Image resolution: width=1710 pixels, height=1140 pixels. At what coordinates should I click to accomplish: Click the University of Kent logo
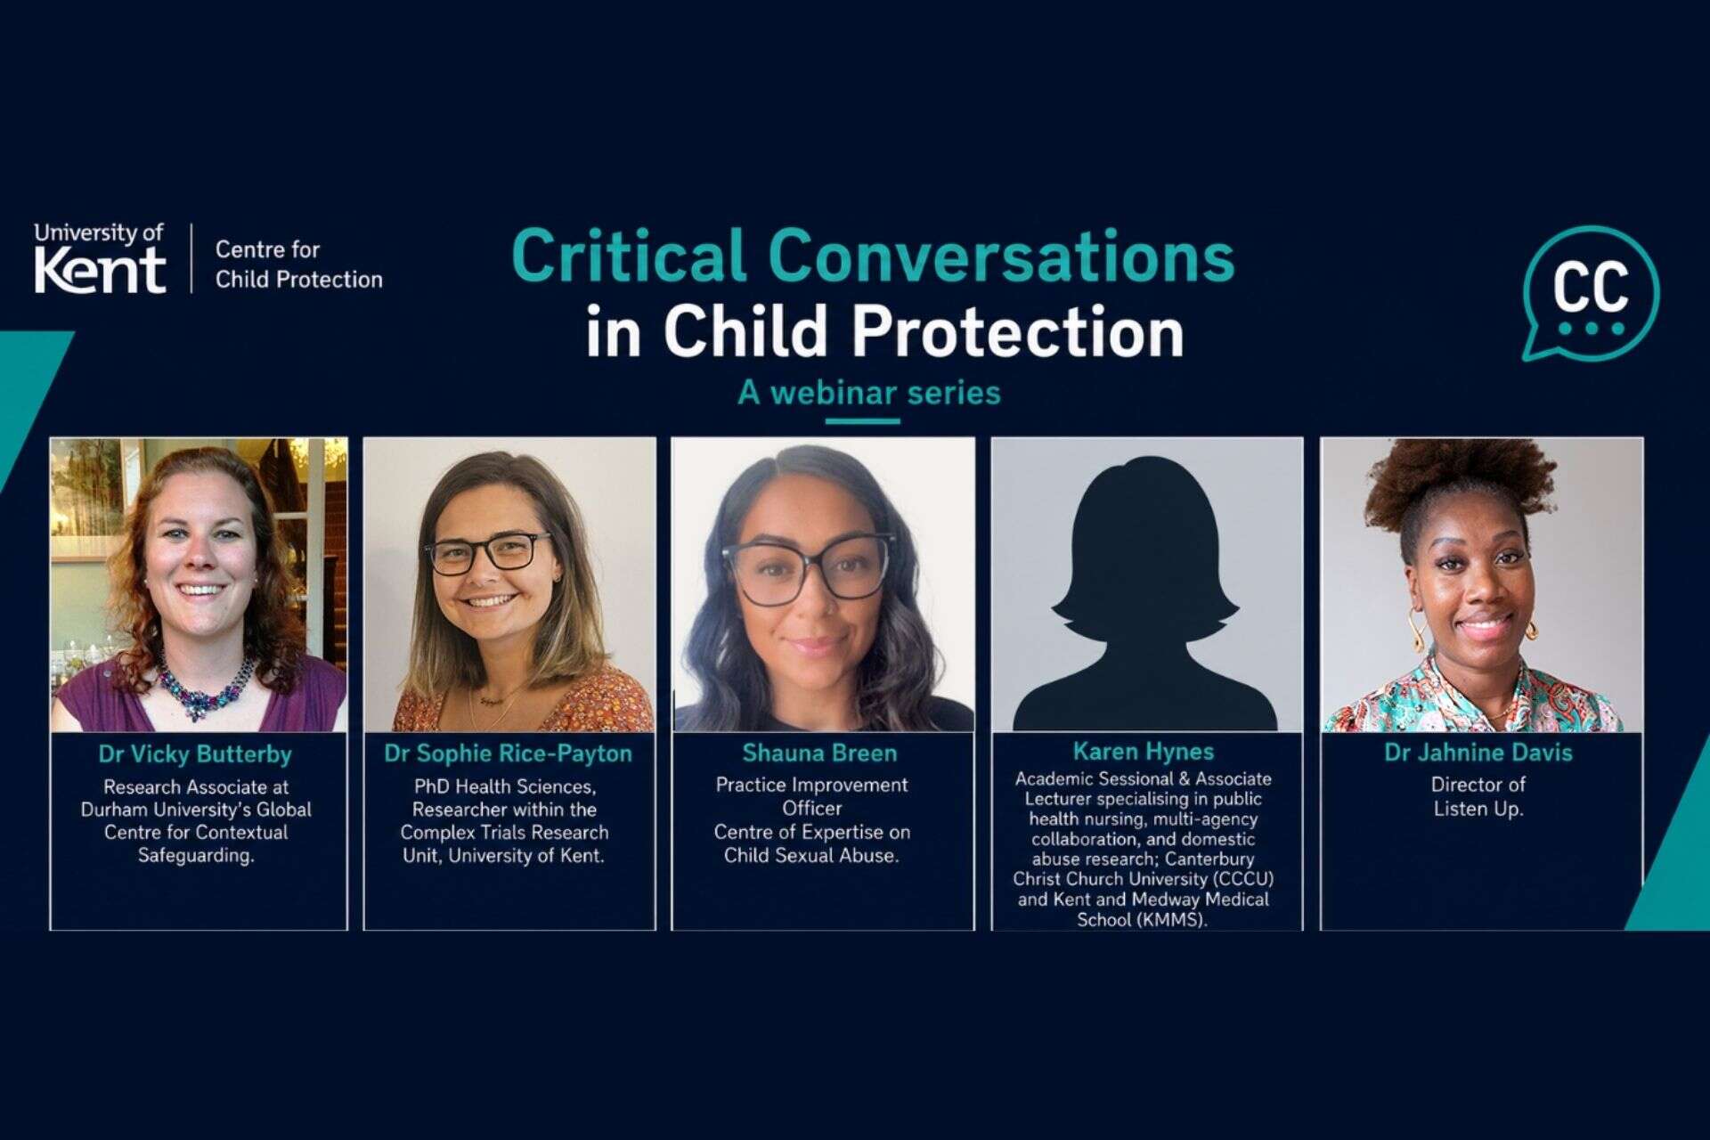100,258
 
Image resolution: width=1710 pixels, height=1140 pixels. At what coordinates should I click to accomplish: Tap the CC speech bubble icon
1590,293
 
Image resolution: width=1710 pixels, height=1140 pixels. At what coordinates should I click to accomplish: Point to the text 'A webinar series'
869,393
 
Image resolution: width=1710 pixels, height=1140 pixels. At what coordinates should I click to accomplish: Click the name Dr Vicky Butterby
195,754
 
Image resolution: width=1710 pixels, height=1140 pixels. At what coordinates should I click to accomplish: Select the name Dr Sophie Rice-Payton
509,753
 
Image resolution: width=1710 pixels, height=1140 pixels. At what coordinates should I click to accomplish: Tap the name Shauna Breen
819,753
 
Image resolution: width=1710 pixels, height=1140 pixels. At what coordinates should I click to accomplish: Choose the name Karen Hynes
1144,752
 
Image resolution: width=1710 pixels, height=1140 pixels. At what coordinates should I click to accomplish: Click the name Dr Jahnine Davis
1478,753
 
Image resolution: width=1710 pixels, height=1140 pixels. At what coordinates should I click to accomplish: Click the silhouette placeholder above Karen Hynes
1145,592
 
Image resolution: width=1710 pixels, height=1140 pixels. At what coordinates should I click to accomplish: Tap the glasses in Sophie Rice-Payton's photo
488,552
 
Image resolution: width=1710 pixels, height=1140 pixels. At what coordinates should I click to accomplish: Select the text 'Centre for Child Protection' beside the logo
298,265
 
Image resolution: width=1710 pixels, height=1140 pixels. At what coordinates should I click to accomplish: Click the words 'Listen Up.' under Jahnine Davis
1478,810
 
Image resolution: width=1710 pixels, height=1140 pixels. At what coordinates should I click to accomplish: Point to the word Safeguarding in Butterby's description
196,856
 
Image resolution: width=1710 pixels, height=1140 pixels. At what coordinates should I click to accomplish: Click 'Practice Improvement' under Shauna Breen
811,786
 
